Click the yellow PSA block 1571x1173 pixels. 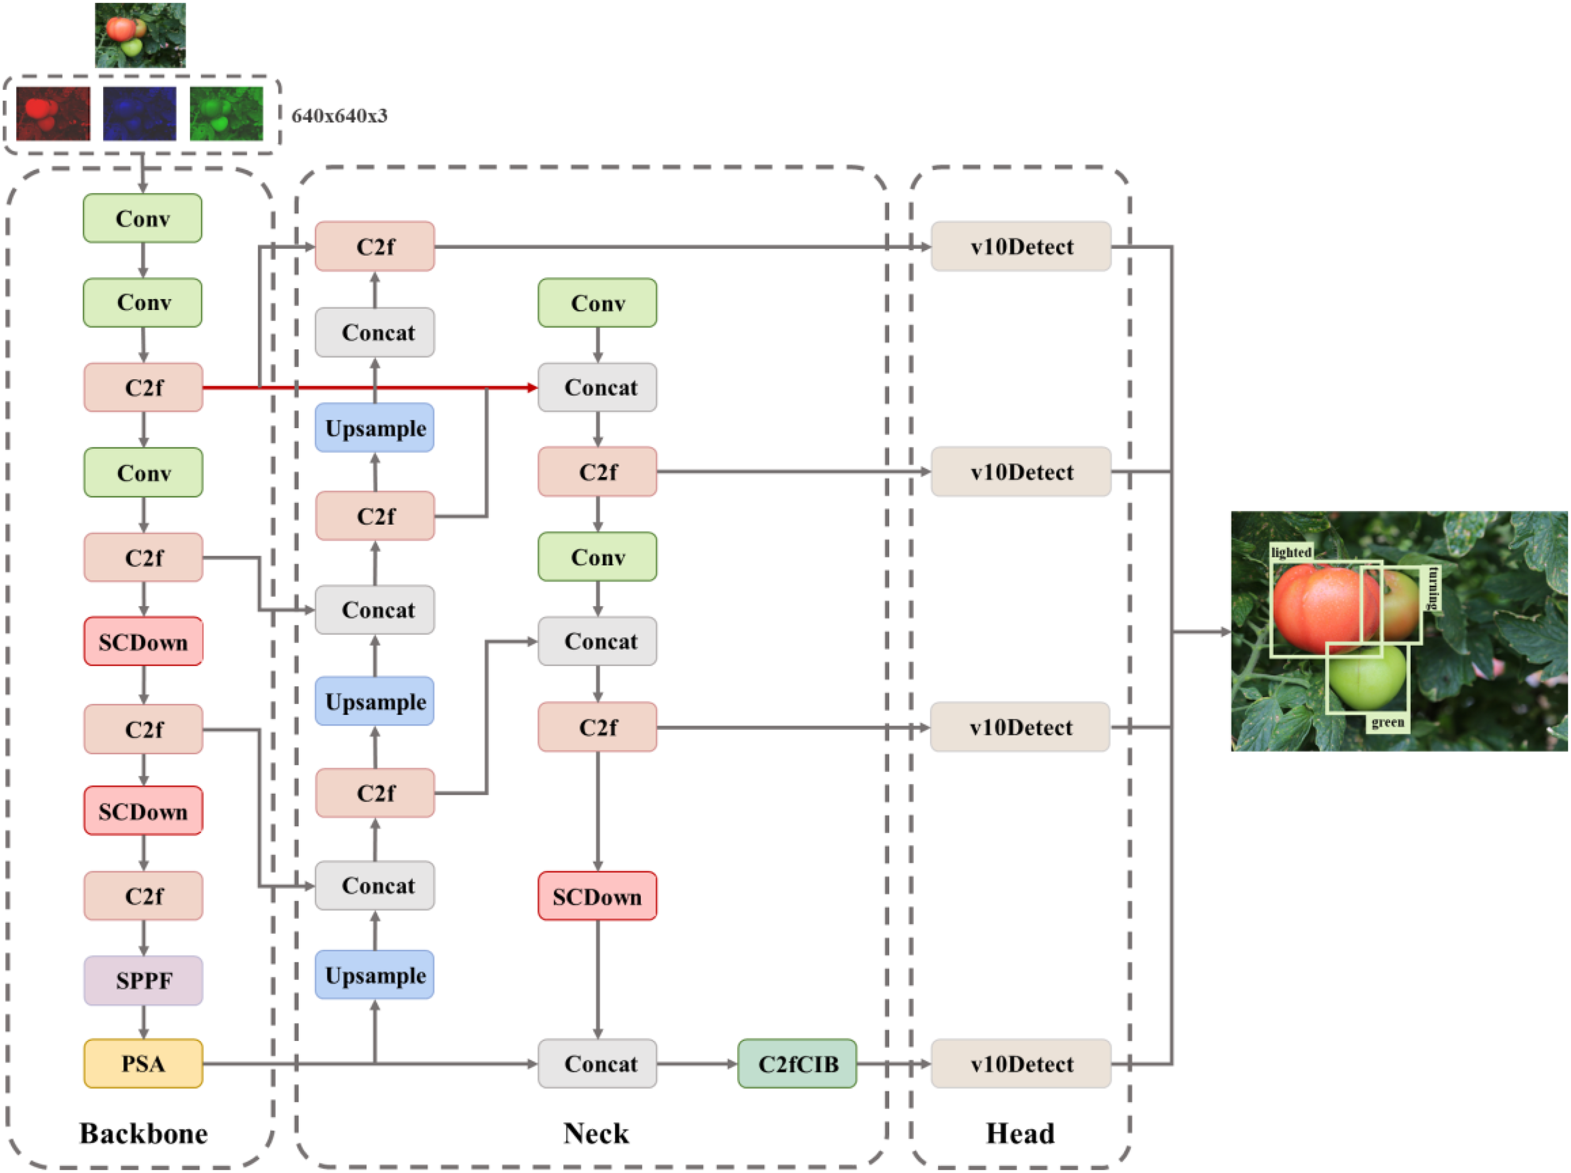(143, 1063)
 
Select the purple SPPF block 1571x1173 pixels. (143, 980)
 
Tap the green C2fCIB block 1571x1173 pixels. (797, 1063)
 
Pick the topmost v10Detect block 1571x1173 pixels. (1020, 246)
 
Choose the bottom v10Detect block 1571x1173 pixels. (1020, 1063)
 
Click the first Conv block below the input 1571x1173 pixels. (142, 218)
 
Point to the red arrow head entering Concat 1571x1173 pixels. (532, 388)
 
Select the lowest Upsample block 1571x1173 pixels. (374, 975)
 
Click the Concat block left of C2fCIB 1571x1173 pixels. (596, 1063)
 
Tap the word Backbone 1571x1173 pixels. (143, 1133)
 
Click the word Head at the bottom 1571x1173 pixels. (1019, 1133)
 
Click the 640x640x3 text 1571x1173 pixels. (339, 116)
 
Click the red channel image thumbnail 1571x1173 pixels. (53, 114)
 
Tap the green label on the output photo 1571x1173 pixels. (1386, 722)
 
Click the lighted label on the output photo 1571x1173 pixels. (1290, 552)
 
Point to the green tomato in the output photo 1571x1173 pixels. (1367, 678)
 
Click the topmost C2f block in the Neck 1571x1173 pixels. (374, 246)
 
